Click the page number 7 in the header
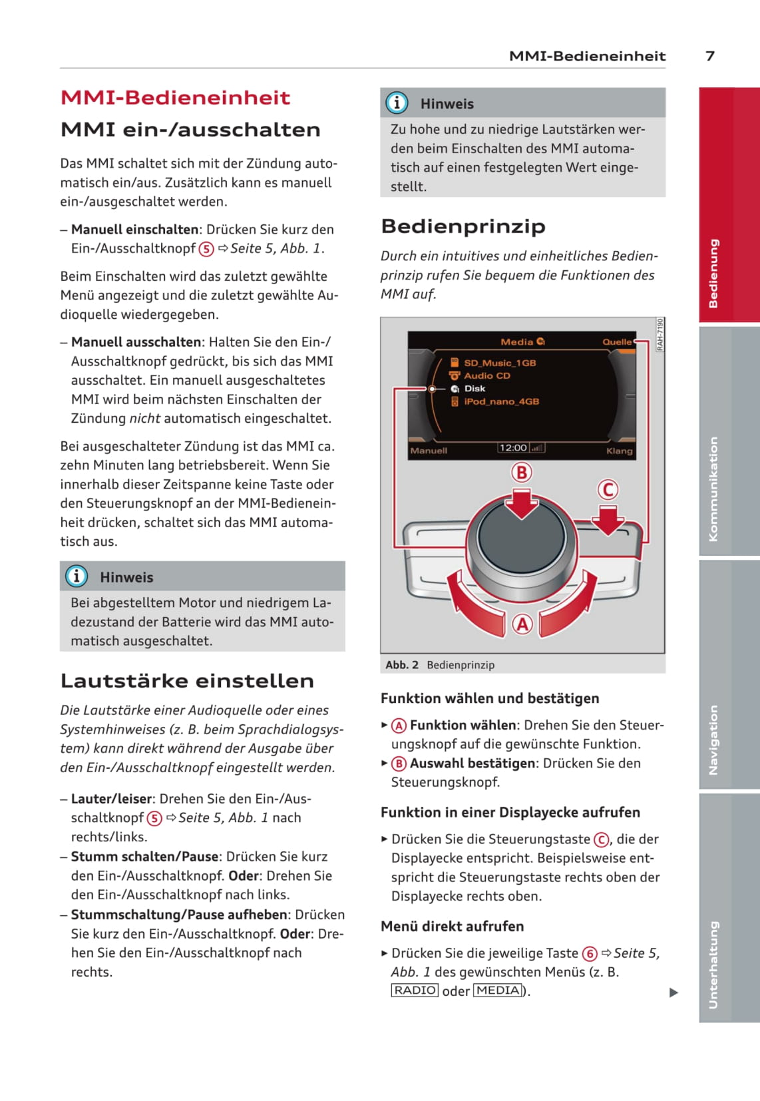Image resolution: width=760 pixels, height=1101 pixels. [x=709, y=56]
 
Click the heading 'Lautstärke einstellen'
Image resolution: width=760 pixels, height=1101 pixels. [x=187, y=680]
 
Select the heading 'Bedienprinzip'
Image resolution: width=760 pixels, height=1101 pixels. [x=463, y=226]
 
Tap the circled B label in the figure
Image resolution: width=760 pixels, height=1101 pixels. [x=522, y=473]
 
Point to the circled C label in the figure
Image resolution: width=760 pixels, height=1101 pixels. [x=607, y=490]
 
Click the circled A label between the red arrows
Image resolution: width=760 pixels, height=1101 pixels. [x=522, y=624]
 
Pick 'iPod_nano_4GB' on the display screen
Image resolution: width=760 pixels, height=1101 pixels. [x=500, y=401]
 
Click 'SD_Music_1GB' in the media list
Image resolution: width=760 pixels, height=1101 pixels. [x=499, y=363]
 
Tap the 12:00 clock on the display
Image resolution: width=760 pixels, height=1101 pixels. [x=513, y=448]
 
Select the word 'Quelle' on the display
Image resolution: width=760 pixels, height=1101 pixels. [x=617, y=341]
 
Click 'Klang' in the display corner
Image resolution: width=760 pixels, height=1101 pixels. [x=619, y=451]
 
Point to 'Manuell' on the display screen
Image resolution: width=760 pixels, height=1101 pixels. [x=429, y=451]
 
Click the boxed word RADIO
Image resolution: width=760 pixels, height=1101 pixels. [x=415, y=991]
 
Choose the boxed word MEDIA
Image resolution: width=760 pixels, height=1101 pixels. [x=498, y=991]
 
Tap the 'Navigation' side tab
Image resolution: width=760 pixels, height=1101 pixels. [x=714, y=740]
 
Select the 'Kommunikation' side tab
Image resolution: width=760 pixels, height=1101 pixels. [x=714, y=489]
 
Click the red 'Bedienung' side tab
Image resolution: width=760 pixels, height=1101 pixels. [x=714, y=273]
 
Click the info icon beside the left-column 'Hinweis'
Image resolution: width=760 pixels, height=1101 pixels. [x=77, y=576]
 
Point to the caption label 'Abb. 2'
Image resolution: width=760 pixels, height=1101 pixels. [x=402, y=665]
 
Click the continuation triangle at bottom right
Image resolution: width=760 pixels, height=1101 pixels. [x=673, y=992]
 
